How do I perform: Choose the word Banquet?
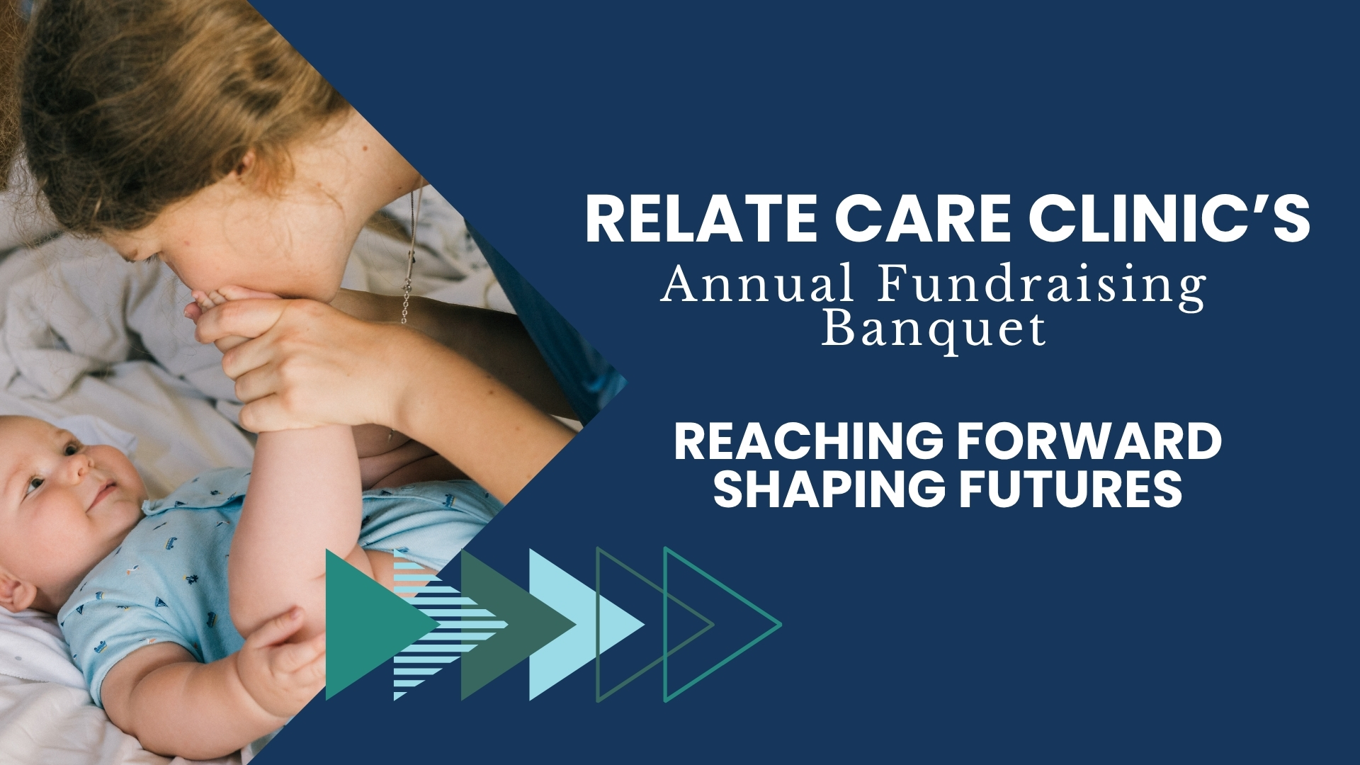pyautogui.click(x=934, y=329)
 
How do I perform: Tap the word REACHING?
pyautogui.click(x=808, y=441)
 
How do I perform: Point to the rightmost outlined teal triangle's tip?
pyautogui.click(x=781, y=625)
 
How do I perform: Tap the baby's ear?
pyautogui.click(x=16, y=589)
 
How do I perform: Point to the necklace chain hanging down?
pyautogui.click(x=410, y=255)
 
